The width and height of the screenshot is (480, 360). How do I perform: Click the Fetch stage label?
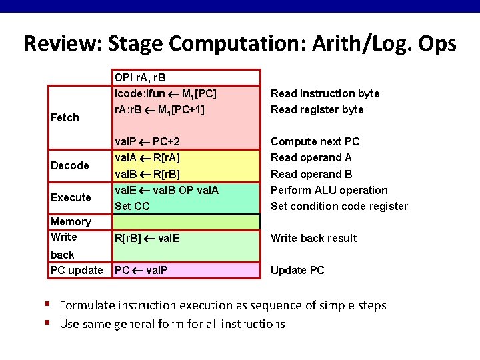[65, 117]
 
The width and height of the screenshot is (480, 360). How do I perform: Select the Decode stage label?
[70, 165]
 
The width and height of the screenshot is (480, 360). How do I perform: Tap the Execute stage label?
[71, 197]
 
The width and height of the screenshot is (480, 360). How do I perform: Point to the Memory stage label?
[71, 221]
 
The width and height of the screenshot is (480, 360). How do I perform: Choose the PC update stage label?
[77, 270]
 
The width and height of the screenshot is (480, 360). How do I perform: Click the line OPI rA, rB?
[142, 78]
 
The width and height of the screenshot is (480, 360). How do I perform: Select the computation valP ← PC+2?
[147, 141]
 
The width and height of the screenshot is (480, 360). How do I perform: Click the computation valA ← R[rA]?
[147, 158]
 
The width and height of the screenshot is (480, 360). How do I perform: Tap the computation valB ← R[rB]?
[147, 174]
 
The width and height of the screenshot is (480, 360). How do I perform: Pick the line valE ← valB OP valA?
[167, 190]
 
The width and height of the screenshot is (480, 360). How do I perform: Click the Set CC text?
[132, 206]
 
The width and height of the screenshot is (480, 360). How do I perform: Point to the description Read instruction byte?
[325, 93]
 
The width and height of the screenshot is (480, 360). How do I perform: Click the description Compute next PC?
[315, 141]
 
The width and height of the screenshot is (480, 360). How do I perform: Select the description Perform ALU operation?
[329, 190]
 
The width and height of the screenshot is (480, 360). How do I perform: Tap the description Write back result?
[313, 238]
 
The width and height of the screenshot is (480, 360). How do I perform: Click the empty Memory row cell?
[185, 222]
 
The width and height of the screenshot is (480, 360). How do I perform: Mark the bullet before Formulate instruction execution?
[49, 305]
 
